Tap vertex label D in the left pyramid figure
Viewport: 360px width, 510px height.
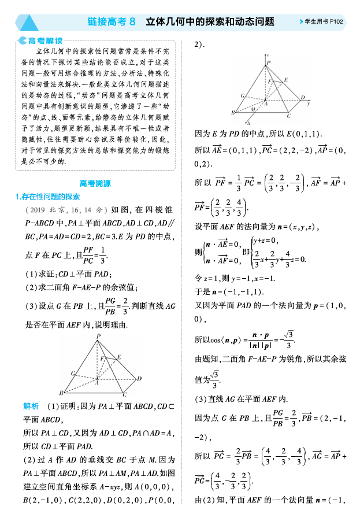(139, 379)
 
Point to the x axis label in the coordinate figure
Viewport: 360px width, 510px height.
(247, 123)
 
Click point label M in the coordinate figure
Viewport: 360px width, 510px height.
(253, 109)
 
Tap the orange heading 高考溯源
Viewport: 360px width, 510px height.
(95, 183)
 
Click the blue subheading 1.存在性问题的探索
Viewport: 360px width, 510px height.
(47, 197)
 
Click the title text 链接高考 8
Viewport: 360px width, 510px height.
(112, 22)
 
